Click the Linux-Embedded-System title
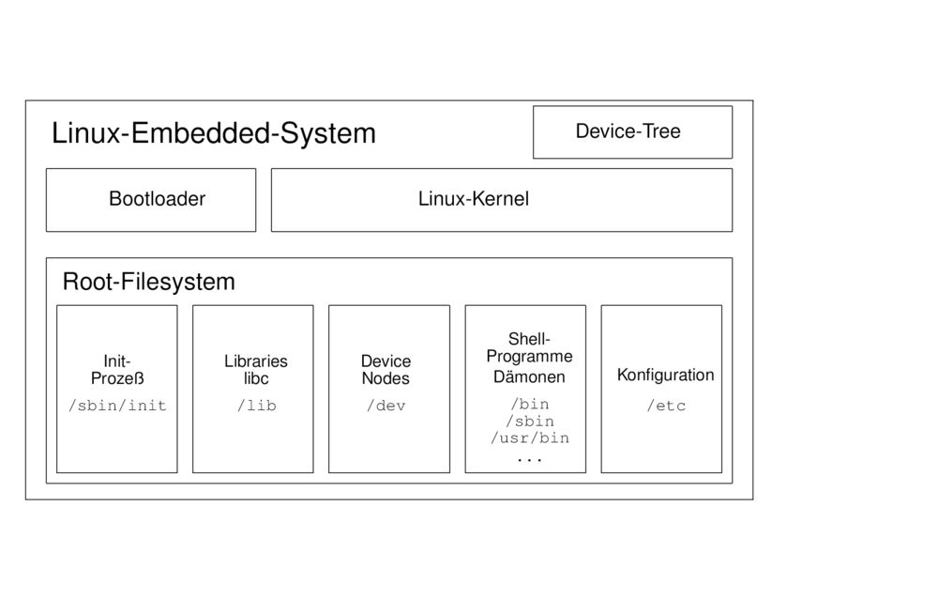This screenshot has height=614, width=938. pos(214,133)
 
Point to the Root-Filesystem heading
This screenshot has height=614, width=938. pos(148,283)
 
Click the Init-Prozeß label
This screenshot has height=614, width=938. pos(117,370)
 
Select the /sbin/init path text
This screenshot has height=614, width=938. pos(117,406)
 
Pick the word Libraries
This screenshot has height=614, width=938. pos(256,361)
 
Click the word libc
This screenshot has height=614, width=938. pos(256,378)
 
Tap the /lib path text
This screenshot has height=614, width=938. pos(257,406)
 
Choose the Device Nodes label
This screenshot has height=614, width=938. pos(386,370)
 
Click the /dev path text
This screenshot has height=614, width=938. pos(386,406)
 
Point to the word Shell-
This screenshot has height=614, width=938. pos(529,339)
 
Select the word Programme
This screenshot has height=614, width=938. pos(529,357)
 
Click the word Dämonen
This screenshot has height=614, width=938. pos(529,376)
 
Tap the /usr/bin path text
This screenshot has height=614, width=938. pos(530,438)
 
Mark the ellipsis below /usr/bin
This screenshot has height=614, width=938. pos(529,460)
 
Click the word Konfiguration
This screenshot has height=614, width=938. pos(665,376)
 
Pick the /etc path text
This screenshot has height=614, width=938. pos(666,406)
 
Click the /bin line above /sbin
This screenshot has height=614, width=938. pos(530,405)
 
